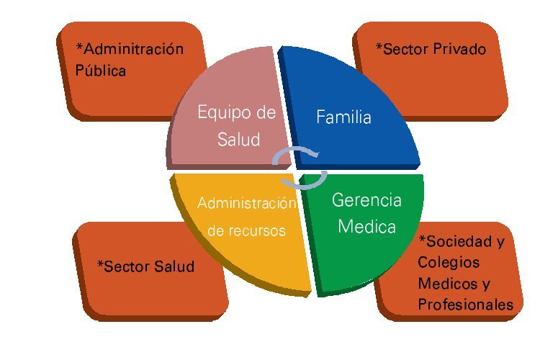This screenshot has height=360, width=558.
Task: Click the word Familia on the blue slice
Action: tap(343, 117)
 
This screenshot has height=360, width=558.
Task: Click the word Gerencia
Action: tap(366, 200)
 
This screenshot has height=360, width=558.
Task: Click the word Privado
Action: tap(460, 49)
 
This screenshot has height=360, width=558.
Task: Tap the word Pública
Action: tap(101, 71)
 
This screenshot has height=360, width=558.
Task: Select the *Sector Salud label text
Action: tap(145, 266)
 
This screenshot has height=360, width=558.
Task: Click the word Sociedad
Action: tap(449, 240)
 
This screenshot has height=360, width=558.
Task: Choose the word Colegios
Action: tap(449, 262)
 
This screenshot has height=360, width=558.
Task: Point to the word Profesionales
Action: tap(465, 305)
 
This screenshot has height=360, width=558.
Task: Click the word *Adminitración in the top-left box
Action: tap(130, 49)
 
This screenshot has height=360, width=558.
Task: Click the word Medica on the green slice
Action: tap(366, 227)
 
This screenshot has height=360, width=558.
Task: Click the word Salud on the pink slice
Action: tap(238, 139)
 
